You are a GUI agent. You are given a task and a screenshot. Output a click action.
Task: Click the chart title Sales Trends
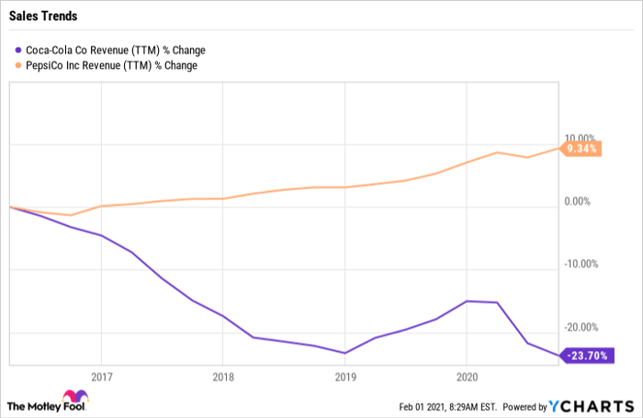coord(43,16)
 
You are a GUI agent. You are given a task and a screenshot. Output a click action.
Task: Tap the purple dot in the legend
coord(18,50)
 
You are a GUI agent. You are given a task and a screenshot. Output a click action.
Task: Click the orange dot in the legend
coord(18,65)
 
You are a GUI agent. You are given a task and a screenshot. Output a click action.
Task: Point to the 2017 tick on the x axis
coord(102,377)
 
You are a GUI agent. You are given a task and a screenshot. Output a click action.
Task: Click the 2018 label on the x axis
coord(223,377)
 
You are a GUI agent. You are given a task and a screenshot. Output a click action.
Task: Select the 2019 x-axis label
coord(345,377)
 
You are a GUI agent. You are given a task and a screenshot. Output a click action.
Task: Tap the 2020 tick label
coord(467,377)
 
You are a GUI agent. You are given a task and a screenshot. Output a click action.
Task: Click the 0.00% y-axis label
coord(578,201)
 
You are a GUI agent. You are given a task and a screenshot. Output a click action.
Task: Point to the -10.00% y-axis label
coord(581,264)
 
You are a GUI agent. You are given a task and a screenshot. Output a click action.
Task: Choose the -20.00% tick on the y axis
coord(581,327)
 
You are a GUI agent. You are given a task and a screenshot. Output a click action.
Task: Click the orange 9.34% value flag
coord(581,149)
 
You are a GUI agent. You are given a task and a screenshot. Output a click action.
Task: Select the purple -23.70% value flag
coord(587,356)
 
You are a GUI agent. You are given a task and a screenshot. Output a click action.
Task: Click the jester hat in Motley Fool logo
coord(75,396)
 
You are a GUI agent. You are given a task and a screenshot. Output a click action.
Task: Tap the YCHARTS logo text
coord(592,406)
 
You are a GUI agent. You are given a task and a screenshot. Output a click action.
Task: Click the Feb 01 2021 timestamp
coord(448,407)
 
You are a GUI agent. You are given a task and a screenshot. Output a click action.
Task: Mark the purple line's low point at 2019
coord(344,353)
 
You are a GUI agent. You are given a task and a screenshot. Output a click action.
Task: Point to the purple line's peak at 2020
coord(467,301)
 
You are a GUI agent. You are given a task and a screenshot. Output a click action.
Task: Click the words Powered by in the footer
coord(525,407)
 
